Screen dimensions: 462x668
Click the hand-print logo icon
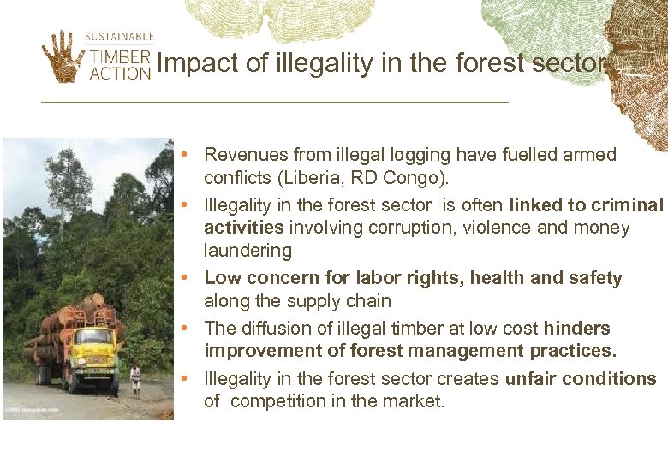pos(63,56)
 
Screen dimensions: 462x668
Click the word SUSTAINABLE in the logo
pos(119,37)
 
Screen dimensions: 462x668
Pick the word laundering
pos(248,251)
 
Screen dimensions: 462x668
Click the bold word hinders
pos(576,329)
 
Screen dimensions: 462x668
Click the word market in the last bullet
pos(414,401)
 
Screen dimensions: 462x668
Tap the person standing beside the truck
pos(135,379)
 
